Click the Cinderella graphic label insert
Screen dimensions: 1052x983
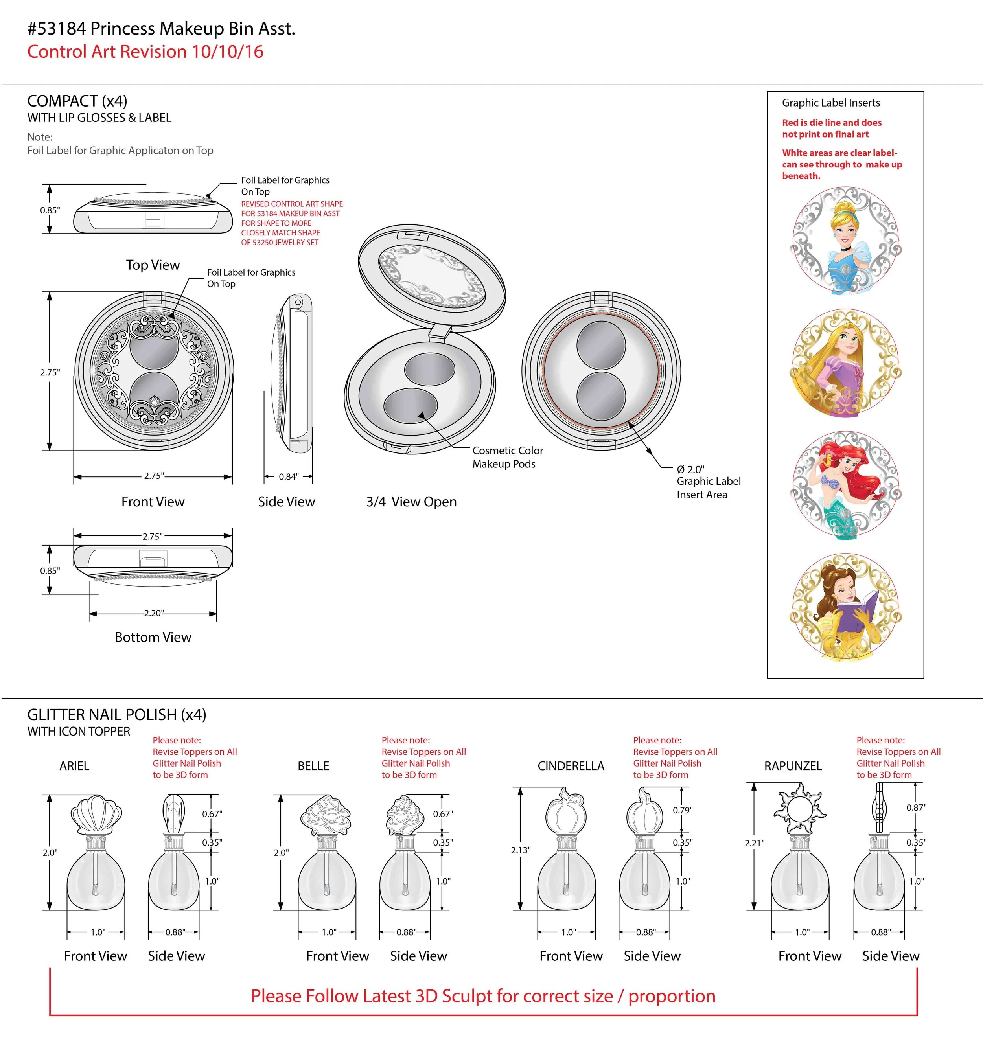pos(845,241)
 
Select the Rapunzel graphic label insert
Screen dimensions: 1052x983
pos(845,364)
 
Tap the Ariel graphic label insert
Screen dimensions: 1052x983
pos(845,485)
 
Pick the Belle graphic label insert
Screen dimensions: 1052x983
pos(845,607)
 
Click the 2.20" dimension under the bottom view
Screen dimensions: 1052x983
pos(153,613)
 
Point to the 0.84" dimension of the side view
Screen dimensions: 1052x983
pos(289,477)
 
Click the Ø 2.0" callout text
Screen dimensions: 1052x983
pos(690,469)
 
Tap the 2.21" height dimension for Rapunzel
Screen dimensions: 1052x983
pos(754,843)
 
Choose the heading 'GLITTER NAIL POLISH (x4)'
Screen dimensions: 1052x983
pos(116,715)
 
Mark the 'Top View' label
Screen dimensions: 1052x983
pos(153,265)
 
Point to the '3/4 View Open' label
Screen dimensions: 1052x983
pos(411,502)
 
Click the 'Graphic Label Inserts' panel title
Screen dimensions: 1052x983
pos(830,103)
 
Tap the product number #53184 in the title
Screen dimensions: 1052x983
pos(57,29)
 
